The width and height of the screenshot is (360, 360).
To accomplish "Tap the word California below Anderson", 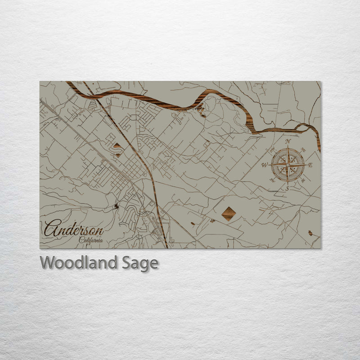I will point(90,240).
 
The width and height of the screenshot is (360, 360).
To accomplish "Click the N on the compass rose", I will point(288,142).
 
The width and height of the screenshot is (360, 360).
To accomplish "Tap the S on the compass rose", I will point(288,189).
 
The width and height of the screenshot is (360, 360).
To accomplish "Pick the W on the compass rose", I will point(265,165).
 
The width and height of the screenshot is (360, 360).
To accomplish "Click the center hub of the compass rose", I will point(288,165).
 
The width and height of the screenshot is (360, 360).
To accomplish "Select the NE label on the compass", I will point(304,149).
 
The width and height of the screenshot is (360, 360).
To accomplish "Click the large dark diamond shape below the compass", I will point(229,214).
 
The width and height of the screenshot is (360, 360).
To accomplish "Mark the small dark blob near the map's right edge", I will point(310,233).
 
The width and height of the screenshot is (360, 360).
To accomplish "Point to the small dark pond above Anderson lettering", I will point(117,206).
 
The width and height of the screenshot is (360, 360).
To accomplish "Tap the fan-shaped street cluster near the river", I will point(93,106).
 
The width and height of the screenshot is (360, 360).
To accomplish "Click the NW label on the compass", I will point(272,149).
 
